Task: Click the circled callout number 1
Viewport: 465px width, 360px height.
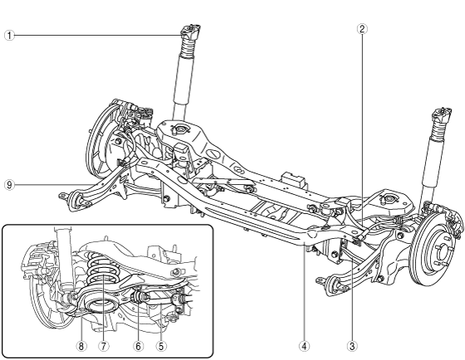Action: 9,36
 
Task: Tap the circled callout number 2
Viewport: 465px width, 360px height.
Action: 362,29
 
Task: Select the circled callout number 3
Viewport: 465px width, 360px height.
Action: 352,346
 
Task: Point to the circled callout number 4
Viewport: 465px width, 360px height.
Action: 304,346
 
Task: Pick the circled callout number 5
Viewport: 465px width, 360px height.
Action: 161,346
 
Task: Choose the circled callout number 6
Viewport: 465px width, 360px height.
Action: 138,346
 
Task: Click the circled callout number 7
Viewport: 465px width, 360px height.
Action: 103,346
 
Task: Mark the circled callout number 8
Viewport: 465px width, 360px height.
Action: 81,346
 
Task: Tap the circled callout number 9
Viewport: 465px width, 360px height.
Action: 9,185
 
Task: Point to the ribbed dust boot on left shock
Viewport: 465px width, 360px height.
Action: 188,47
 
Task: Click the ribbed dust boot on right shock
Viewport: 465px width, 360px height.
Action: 439,129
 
